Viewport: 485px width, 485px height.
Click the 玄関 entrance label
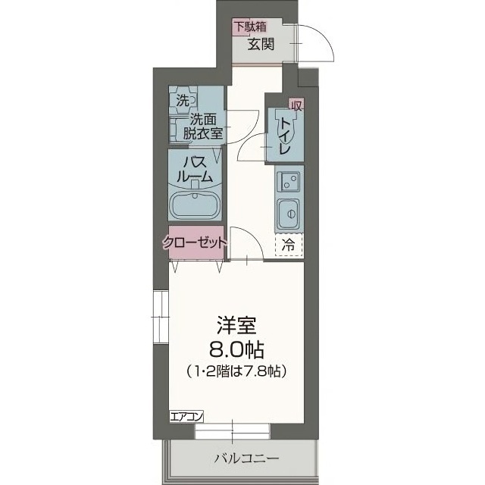pyautogui.click(x=261, y=43)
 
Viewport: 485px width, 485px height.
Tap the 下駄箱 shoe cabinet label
pyautogui.click(x=249, y=27)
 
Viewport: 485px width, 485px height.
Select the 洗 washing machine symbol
pyautogui.click(x=183, y=99)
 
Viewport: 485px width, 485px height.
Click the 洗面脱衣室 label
pyautogui.click(x=205, y=126)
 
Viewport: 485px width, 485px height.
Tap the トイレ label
pyautogui.click(x=285, y=136)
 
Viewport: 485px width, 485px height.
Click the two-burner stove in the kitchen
pyautogui.click(x=288, y=181)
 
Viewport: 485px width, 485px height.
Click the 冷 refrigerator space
pyautogui.click(x=289, y=244)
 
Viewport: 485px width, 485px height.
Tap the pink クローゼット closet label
pyautogui.click(x=195, y=243)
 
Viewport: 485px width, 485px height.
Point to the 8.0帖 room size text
pyautogui.click(x=236, y=350)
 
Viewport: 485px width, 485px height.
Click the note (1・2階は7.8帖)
pyautogui.click(x=236, y=371)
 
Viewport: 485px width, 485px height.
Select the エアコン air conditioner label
pyautogui.click(x=186, y=416)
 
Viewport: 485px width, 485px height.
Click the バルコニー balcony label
pyautogui.click(x=246, y=458)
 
